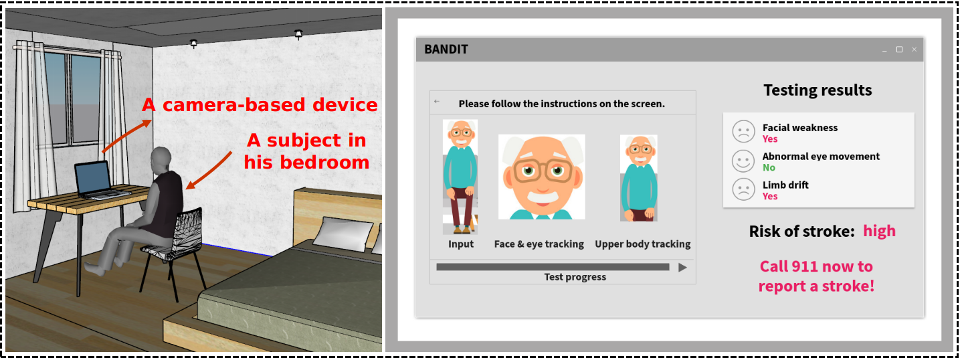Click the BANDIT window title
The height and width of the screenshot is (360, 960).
click(446, 50)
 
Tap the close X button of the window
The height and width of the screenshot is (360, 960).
click(914, 50)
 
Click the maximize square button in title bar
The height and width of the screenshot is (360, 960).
click(899, 50)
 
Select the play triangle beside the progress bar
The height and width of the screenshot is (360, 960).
click(683, 268)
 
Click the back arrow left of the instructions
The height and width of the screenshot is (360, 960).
click(437, 102)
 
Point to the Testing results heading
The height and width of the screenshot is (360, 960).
click(818, 90)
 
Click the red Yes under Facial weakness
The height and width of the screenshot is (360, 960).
click(770, 139)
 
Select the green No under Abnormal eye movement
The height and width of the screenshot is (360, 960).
click(769, 167)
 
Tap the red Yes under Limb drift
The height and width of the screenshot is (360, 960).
click(770, 196)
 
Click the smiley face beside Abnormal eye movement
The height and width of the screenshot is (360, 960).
click(743, 161)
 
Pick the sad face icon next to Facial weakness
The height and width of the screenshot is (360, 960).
click(743, 131)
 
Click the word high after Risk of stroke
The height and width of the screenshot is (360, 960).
click(879, 231)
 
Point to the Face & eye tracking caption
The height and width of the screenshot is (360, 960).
click(539, 244)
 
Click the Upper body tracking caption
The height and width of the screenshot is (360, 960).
click(642, 244)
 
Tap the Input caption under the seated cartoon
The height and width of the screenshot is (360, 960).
click(461, 244)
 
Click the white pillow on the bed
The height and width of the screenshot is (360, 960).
click(345, 234)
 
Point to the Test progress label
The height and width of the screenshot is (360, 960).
click(575, 277)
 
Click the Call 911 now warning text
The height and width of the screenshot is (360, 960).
click(816, 276)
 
